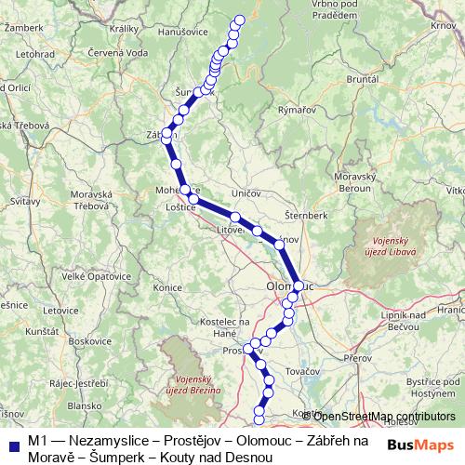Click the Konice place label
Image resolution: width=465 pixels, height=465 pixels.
[167, 287]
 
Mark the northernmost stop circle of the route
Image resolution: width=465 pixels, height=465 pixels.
[240, 20]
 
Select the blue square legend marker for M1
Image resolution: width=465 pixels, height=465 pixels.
[13, 440]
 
